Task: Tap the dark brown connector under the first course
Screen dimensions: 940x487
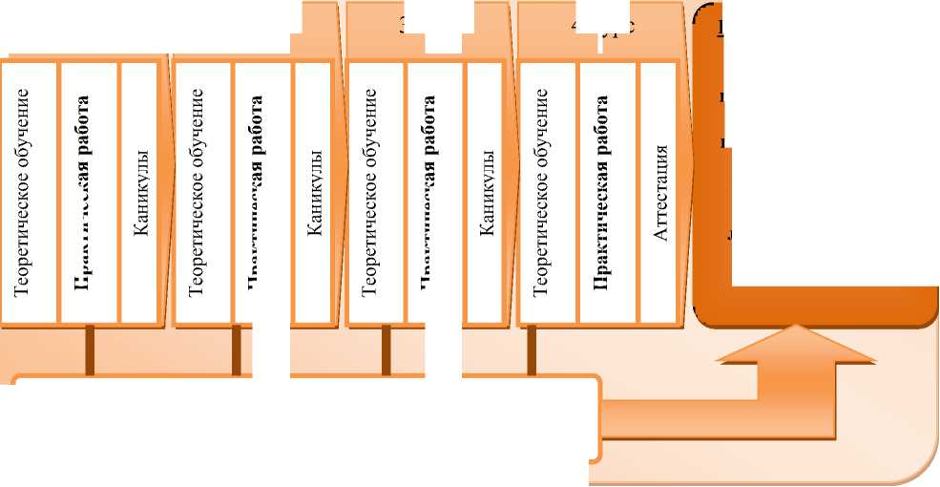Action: tap(90, 349)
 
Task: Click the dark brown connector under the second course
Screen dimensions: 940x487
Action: tap(236, 349)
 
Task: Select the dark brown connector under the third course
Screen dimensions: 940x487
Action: tap(386, 349)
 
